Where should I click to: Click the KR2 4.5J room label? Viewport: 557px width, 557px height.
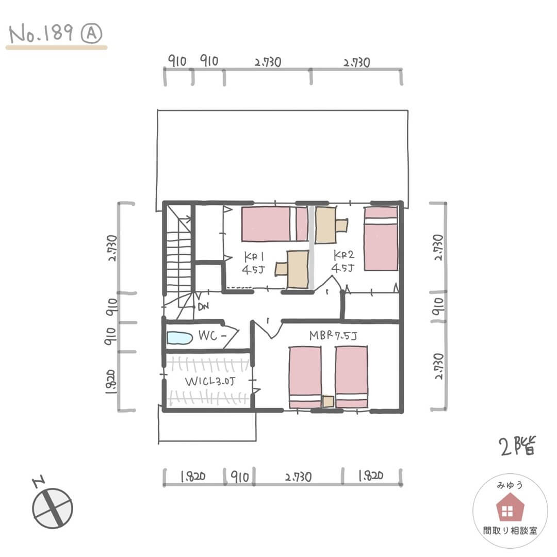(343, 261)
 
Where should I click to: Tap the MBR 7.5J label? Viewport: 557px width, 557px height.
(333, 335)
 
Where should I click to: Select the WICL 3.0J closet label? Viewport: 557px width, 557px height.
(210, 382)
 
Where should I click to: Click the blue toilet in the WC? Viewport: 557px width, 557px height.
(180, 338)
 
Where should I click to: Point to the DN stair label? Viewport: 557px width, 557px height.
(203, 306)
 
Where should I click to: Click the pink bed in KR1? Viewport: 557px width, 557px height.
(274, 224)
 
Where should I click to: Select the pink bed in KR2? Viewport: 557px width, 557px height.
(381, 239)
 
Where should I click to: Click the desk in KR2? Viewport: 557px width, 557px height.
(331, 225)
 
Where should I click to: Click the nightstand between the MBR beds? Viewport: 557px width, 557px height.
(328, 402)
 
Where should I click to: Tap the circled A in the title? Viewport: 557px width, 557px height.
(91, 34)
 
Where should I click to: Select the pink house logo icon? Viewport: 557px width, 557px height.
(510, 507)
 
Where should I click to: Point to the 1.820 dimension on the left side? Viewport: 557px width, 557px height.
(111, 382)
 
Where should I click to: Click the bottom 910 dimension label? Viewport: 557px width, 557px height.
(240, 477)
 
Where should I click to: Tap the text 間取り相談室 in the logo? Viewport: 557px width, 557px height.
(510, 531)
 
